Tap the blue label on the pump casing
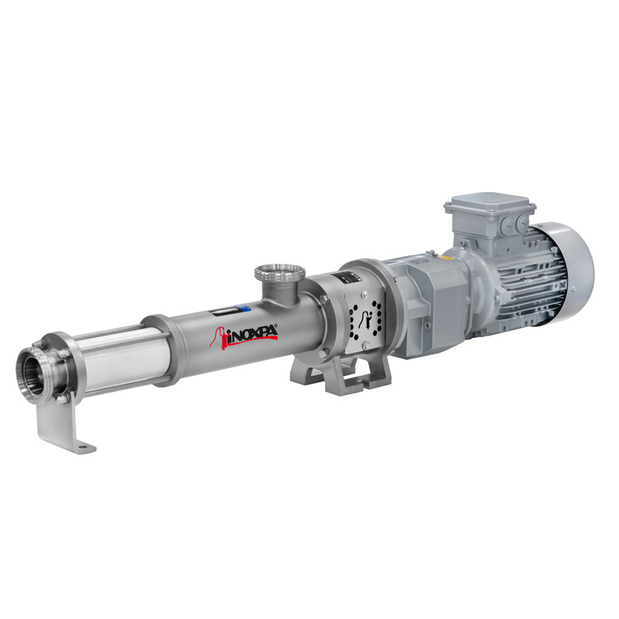coord(246,307)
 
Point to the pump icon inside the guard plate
coord(369,320)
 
